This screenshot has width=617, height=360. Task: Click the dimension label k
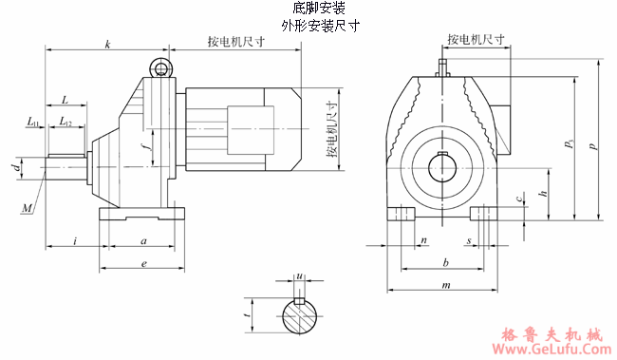[108, 44]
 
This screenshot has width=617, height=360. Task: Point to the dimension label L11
[33, 122]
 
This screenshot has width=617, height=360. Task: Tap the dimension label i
[74, 240]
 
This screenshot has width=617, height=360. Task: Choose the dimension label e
[142, 262]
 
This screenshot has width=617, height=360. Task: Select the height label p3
[569, 145]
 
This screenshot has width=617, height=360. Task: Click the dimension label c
[518, 199]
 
